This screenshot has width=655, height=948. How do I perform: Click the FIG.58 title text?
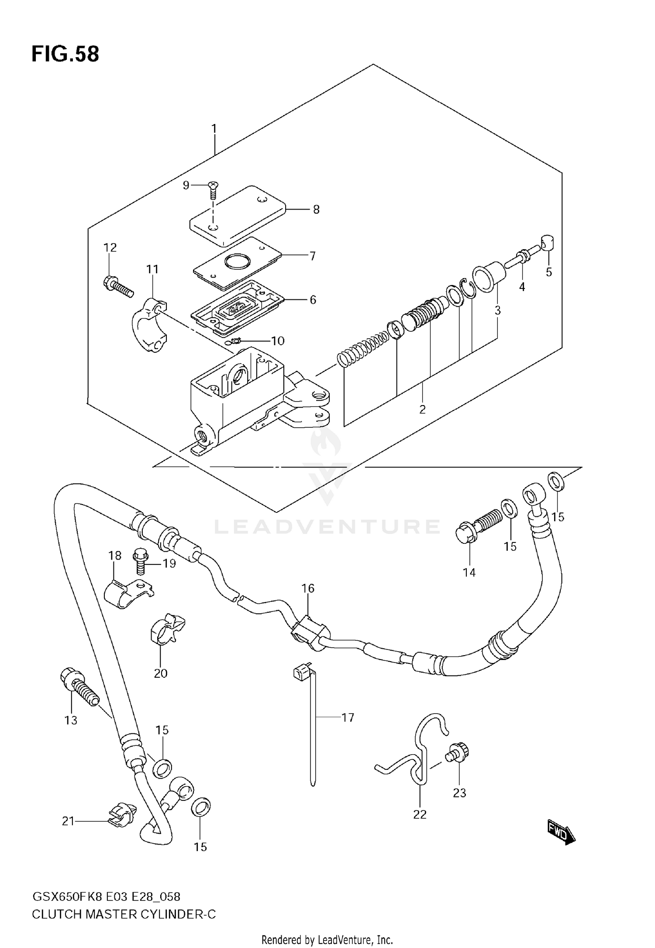[x=65, y=54]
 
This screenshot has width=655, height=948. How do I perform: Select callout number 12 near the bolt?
[x=110, y=247]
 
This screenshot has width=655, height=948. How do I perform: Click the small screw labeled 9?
[x=213, y=190]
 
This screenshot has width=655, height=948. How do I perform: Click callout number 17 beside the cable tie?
[x=348, y=718]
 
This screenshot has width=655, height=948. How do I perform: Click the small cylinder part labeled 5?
[x=548, y=242]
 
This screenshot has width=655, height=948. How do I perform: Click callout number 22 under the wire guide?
[x=420, y=814]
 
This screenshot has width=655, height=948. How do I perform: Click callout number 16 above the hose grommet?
[x=308, y=588]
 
